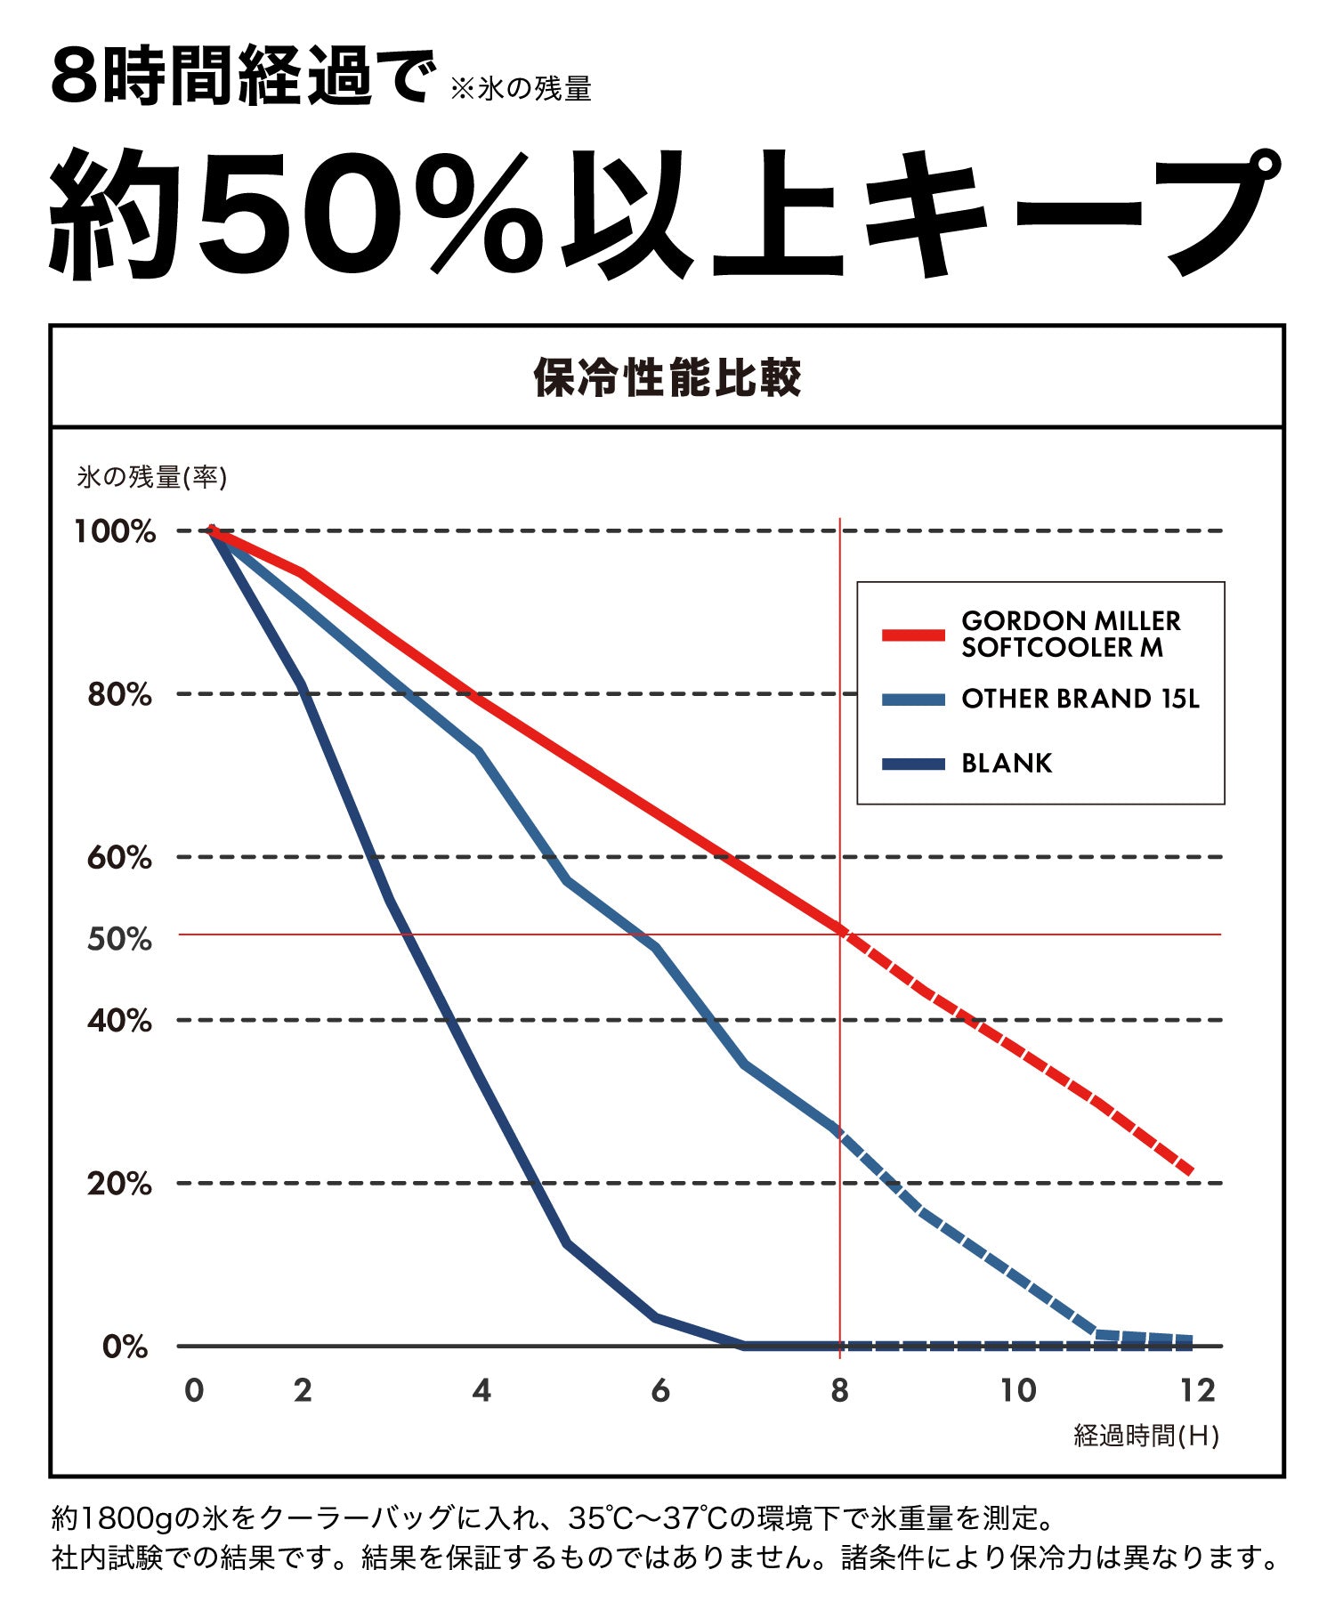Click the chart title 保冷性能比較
(x=667, y=377)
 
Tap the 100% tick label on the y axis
(x=116, y=532)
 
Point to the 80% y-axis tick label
(x=119, y=695)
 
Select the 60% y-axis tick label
(x=119, y=858)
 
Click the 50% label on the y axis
(x=119, y=939)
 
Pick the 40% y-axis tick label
(x=119, y=1021)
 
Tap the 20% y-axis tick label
(x=119, y=1184)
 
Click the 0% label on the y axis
(x=125, y=1347)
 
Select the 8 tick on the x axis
(x=839, y=1390)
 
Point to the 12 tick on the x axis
(x=1197, y=1390)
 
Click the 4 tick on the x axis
(x=481, y=1390)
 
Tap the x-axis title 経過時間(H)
(x=1146, y=1436)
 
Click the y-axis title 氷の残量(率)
(x=152, y=478)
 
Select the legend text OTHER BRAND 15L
(x=1080, y=700)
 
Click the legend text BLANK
(x=1007, y=764)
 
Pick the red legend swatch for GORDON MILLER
(x=913, y=635)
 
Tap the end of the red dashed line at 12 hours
(x=1188, y=1170)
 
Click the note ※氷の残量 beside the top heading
(x=522, y=89)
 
